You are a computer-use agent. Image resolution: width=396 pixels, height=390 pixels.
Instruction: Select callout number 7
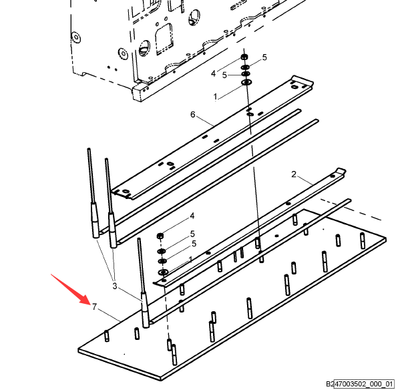point(94,307)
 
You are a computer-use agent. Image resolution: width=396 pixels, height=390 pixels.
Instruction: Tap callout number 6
point(193,114)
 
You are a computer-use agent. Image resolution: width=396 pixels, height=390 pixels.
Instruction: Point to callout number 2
point(293,174)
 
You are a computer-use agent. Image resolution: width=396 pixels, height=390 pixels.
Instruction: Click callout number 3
point(115,286)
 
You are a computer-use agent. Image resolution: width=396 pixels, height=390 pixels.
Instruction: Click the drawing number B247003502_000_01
point(360,384)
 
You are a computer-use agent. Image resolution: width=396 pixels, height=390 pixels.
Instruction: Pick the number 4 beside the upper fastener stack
point(214,73)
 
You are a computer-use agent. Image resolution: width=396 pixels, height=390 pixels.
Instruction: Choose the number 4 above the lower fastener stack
point(192,216)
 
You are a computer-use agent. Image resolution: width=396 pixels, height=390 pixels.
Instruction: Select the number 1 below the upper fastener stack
point(215,97)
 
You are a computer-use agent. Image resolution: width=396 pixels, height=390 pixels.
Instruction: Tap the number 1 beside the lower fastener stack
point(190,259)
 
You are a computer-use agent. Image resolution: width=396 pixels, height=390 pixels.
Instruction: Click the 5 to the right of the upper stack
point(264,57)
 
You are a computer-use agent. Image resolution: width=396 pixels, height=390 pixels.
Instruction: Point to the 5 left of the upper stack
point(224,75)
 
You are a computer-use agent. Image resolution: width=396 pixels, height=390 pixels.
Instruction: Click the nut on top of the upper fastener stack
point(244,57)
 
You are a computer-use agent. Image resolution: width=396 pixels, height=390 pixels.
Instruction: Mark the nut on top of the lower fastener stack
point(160,236)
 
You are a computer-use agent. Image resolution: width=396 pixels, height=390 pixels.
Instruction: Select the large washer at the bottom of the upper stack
point(246,82)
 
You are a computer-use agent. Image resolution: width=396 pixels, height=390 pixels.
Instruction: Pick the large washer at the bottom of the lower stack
point(164,272)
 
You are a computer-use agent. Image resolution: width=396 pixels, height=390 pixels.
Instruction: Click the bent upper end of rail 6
point(303,80)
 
